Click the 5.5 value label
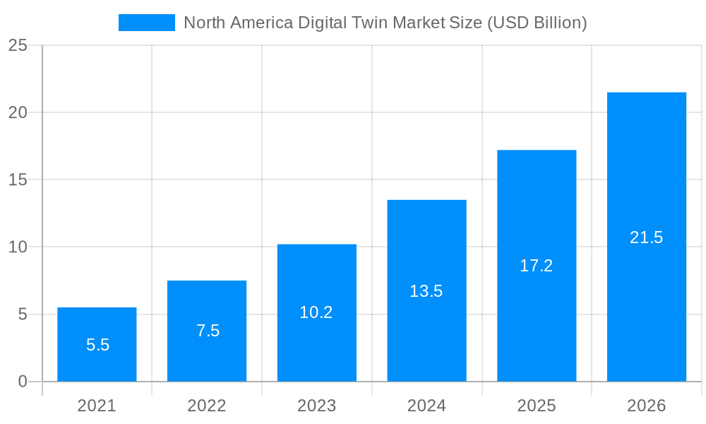(97, 345)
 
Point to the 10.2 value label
(316, 312)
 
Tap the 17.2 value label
(537, 266)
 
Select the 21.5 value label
(647, 237)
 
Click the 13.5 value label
(426, 291)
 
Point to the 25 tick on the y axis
(18, 45)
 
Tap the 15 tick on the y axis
(18, 179)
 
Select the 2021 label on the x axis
(97, 406)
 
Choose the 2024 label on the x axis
(426, 406)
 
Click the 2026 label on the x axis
(647, 406)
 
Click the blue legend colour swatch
(146, 23)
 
